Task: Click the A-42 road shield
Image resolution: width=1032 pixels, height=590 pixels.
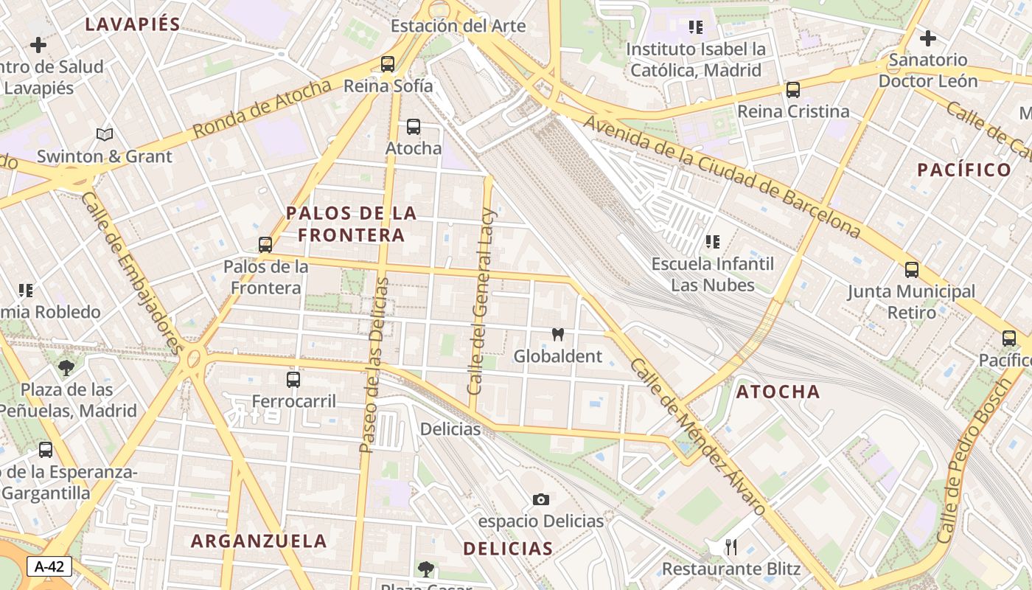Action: (x=49, y=566)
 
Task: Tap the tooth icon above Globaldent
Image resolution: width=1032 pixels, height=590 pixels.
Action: (x=558, y=334)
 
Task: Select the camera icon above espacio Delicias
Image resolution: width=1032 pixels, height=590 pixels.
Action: (x=540, y=500)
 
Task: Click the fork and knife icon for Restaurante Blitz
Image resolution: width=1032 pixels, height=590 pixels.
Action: (x=731, y=547)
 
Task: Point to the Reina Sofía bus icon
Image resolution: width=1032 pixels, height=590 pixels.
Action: (x=388, y=64)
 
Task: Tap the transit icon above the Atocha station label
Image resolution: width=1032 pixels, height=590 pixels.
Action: (x=414, y=127)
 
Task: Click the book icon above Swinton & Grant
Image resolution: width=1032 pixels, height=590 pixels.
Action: (x=105, y=135)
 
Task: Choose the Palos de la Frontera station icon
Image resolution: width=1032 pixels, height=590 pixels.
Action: (x=265, y=245)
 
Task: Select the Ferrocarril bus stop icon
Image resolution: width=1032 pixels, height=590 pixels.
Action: (x=293, y=380)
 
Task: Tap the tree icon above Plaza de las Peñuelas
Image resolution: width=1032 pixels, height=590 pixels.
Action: (x=66, y=367)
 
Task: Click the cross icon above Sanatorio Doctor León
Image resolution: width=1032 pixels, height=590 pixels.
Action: (x=927, y=38)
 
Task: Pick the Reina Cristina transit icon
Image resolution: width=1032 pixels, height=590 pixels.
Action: (x=793, y=90)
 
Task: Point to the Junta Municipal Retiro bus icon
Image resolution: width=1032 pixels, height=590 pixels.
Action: (x=912, y=270)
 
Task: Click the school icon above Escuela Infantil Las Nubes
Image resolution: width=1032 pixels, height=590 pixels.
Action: (x=712, y=242)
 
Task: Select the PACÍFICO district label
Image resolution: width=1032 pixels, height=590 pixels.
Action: (x=964, y=170)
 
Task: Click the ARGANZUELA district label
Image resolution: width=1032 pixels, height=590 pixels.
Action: (x=259, y=541)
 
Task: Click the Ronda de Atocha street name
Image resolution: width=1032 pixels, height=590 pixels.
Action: (x=262, y=109)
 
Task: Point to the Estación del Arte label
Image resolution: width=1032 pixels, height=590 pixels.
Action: (x=458, y=27)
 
